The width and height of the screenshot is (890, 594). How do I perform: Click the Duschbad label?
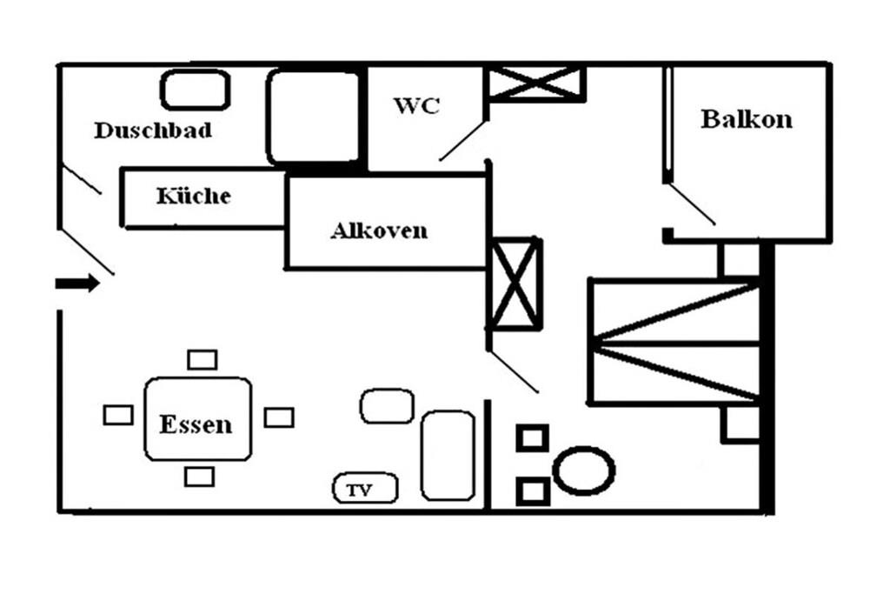pyautogui.click(x=153, y=130)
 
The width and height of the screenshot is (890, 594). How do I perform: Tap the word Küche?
pyautogui.click(x=194, y=196)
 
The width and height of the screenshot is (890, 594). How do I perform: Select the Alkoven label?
pyautogui.click(x=379, y=231)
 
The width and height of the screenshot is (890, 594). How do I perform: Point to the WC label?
pyautogui.click(x=416, y=106)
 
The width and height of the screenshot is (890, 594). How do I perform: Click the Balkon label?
pyautogui.click(x=747, y=118)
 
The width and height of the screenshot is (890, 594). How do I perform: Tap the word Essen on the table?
pyautogui.click(x=196, y=424)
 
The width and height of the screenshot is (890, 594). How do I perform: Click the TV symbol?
pyautogui.click(x=365, y=490)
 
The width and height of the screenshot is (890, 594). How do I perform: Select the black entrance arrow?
pyautogui.click(x=77, y=284)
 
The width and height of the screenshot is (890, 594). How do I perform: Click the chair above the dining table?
pyautogui.click(x=203, y=359)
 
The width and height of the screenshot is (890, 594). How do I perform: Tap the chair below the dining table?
pyautogui.click(x=200, y=477)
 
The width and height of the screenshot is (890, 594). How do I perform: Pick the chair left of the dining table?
pyautogui.click(x=118, y=415)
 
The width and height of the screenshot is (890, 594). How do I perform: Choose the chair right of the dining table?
pyautogui.click(x=279, y=417)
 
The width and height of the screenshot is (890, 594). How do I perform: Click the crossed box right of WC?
pyautogui.click(x=535, y=83)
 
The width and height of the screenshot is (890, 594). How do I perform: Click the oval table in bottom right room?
pyautogui.click(x=584, y=471)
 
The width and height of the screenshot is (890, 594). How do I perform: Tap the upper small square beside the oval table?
pyautogui.click(x=532, y=437)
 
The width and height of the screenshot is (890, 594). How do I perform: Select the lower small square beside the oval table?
pyautogui.click(x=532, y=491)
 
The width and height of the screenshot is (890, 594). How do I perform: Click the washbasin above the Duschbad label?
pyautogui.click(x=195, y=90)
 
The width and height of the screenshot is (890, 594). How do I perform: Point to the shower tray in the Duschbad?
pyautogui.click(x=313, y=117)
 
